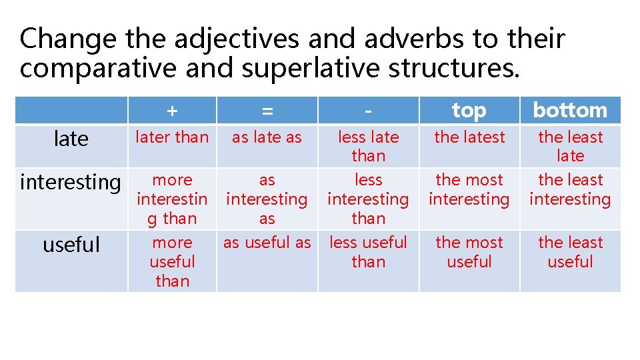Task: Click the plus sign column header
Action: click(172, 111)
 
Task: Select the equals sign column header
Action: click(267, 111)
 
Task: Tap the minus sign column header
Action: click(368, 111)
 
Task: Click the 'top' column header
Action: click(469, 111)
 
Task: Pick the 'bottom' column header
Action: click(570, 111)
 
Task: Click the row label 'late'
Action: click(71, 139)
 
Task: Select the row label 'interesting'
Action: click(71, 181)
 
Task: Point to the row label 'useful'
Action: click(71, 244)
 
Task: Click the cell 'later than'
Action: click(172, 137)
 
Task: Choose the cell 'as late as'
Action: click(267, 137)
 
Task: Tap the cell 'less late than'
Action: click(368, 146)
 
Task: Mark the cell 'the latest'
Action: click(469, 137)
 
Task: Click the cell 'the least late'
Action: click(570, 146)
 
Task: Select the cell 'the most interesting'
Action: click(469, 189)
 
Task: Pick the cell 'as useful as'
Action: click(267, 243)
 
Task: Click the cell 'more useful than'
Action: click(172, 261)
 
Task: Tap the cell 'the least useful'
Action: click(570, 252)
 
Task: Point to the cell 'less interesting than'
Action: click(368, 199)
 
